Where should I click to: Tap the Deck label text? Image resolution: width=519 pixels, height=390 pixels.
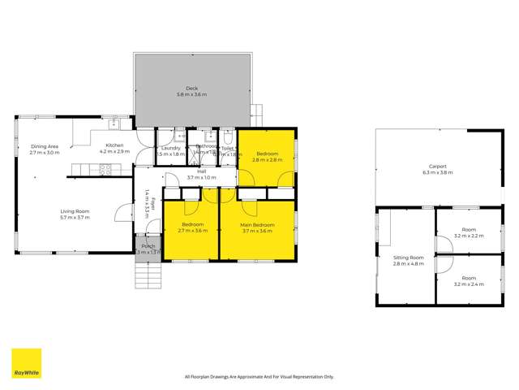(191, 89)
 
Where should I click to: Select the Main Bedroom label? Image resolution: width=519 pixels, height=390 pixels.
(257, 224)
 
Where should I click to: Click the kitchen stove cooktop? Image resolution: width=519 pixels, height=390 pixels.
(105, 170)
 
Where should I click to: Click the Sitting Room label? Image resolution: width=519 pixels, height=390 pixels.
(409, 257)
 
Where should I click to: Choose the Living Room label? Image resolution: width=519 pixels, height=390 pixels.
(75, 211)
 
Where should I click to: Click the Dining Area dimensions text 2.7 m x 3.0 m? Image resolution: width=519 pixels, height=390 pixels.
(45, 153)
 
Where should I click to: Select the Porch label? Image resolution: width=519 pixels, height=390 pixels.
(148, 246)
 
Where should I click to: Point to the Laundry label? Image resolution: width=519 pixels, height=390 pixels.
(170, 148)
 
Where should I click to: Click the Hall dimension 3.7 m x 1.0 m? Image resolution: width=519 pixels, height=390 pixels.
(202, 177)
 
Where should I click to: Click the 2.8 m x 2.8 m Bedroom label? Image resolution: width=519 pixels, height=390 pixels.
(267, 154)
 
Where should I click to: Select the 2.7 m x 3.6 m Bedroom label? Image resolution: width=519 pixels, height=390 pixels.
(192, 224)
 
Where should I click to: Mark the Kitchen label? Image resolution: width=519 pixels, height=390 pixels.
(114, 145)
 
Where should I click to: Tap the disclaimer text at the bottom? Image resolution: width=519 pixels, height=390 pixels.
(259, 376)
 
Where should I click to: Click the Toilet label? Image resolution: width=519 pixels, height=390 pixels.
(228, 149)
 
